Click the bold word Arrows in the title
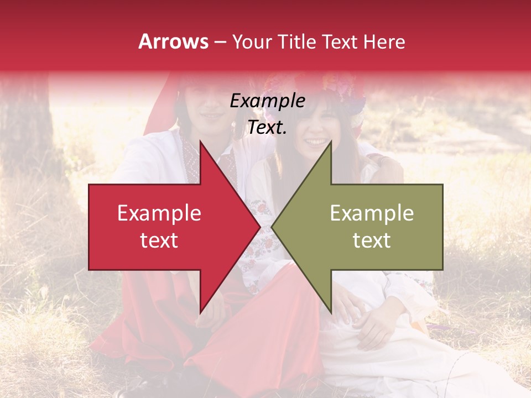coord(174,41)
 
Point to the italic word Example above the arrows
coord(267,101)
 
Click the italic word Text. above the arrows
coord(267,128)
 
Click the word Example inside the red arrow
coord(159,213)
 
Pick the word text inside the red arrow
coord(159,240)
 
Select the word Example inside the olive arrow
coord(372,213)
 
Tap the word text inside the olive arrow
coord(372,240)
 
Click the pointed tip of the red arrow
coord(260,227)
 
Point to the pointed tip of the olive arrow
coord(272,227)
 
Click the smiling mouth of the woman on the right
coord(316,142)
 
